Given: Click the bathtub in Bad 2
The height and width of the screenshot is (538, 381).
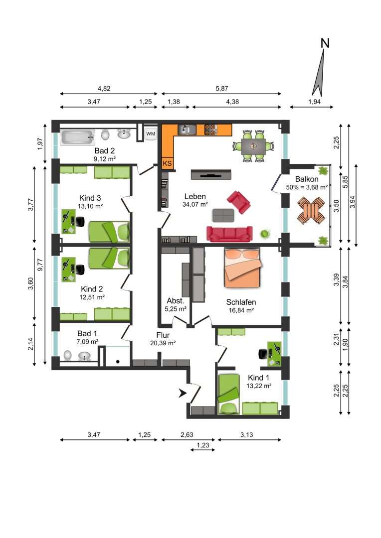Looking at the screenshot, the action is coord(78,137).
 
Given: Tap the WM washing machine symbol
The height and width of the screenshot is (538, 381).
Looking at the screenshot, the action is coord(151,134).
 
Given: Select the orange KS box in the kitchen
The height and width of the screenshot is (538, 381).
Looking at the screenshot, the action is coord(167,163).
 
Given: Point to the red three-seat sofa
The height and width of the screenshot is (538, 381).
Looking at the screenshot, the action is coord(229,234).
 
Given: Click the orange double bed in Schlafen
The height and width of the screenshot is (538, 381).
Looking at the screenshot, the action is coord(242,268).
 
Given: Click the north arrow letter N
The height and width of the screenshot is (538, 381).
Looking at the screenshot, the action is coord(325,43).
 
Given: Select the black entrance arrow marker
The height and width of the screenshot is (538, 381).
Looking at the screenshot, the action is coord(183,393).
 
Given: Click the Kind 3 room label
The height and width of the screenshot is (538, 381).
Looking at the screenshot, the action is coord(90,198).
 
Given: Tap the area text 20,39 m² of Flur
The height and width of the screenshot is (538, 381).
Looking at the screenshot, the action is coord(163,343).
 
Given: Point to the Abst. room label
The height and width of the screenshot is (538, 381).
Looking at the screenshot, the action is coord(176,301).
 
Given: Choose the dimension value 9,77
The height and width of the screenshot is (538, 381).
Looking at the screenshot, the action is coord(40,265).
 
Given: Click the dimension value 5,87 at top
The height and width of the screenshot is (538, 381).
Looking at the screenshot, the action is coord(222,89).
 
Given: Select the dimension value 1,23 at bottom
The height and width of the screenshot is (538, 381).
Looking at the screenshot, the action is coord(202,445).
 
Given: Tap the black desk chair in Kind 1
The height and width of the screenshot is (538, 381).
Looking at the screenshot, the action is coord(263,353).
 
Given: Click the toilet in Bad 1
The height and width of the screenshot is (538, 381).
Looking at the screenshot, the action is coord(68,355).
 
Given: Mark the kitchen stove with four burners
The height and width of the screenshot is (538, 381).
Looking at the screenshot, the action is coord(211,130).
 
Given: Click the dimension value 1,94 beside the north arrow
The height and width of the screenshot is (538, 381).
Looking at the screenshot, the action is coord(314,102).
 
